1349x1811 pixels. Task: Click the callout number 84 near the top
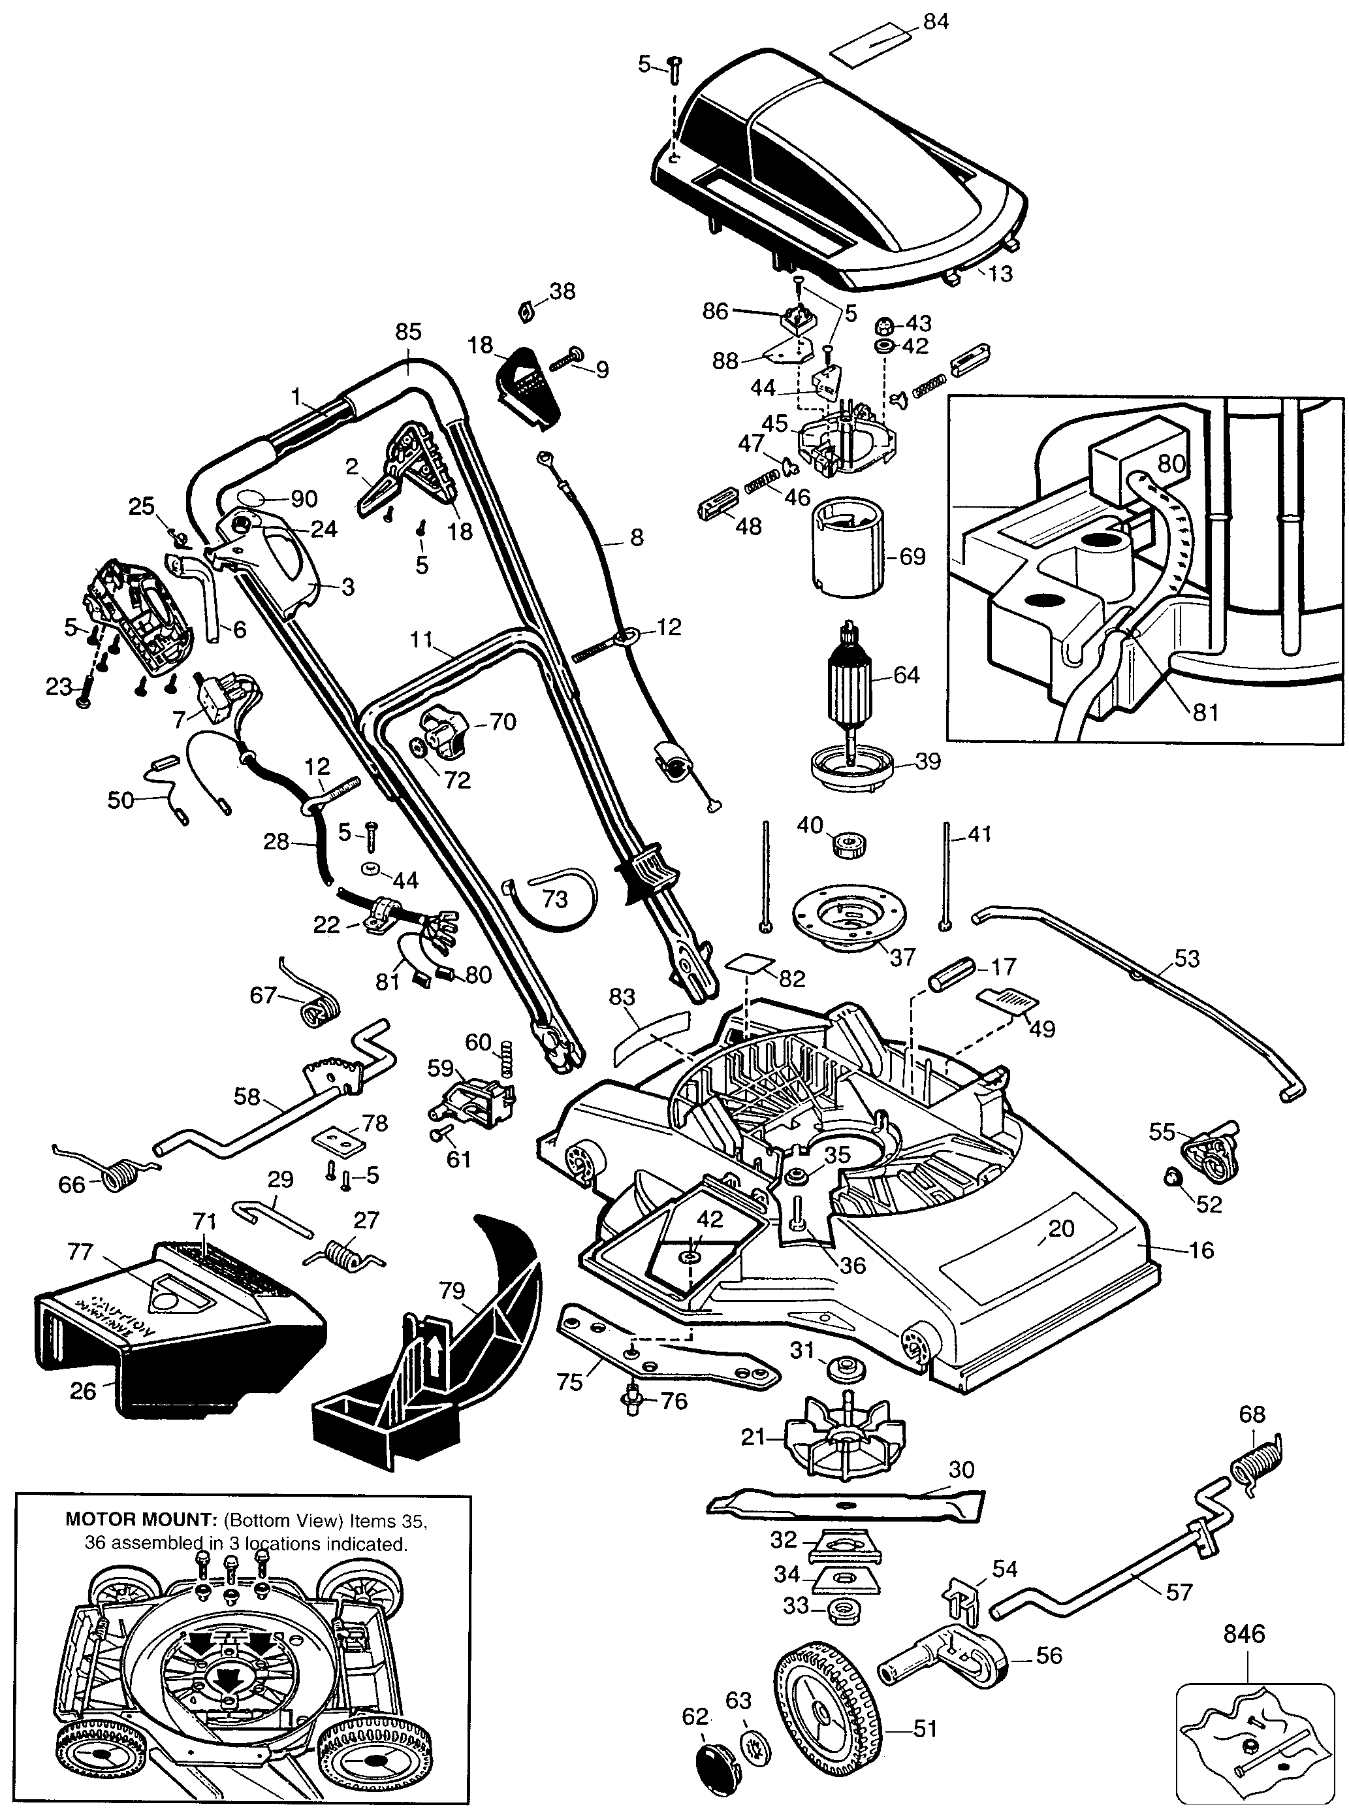[936, 22]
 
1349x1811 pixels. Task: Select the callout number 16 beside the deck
[1201, 1250]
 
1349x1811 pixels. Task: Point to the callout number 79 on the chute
[452, 1291]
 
